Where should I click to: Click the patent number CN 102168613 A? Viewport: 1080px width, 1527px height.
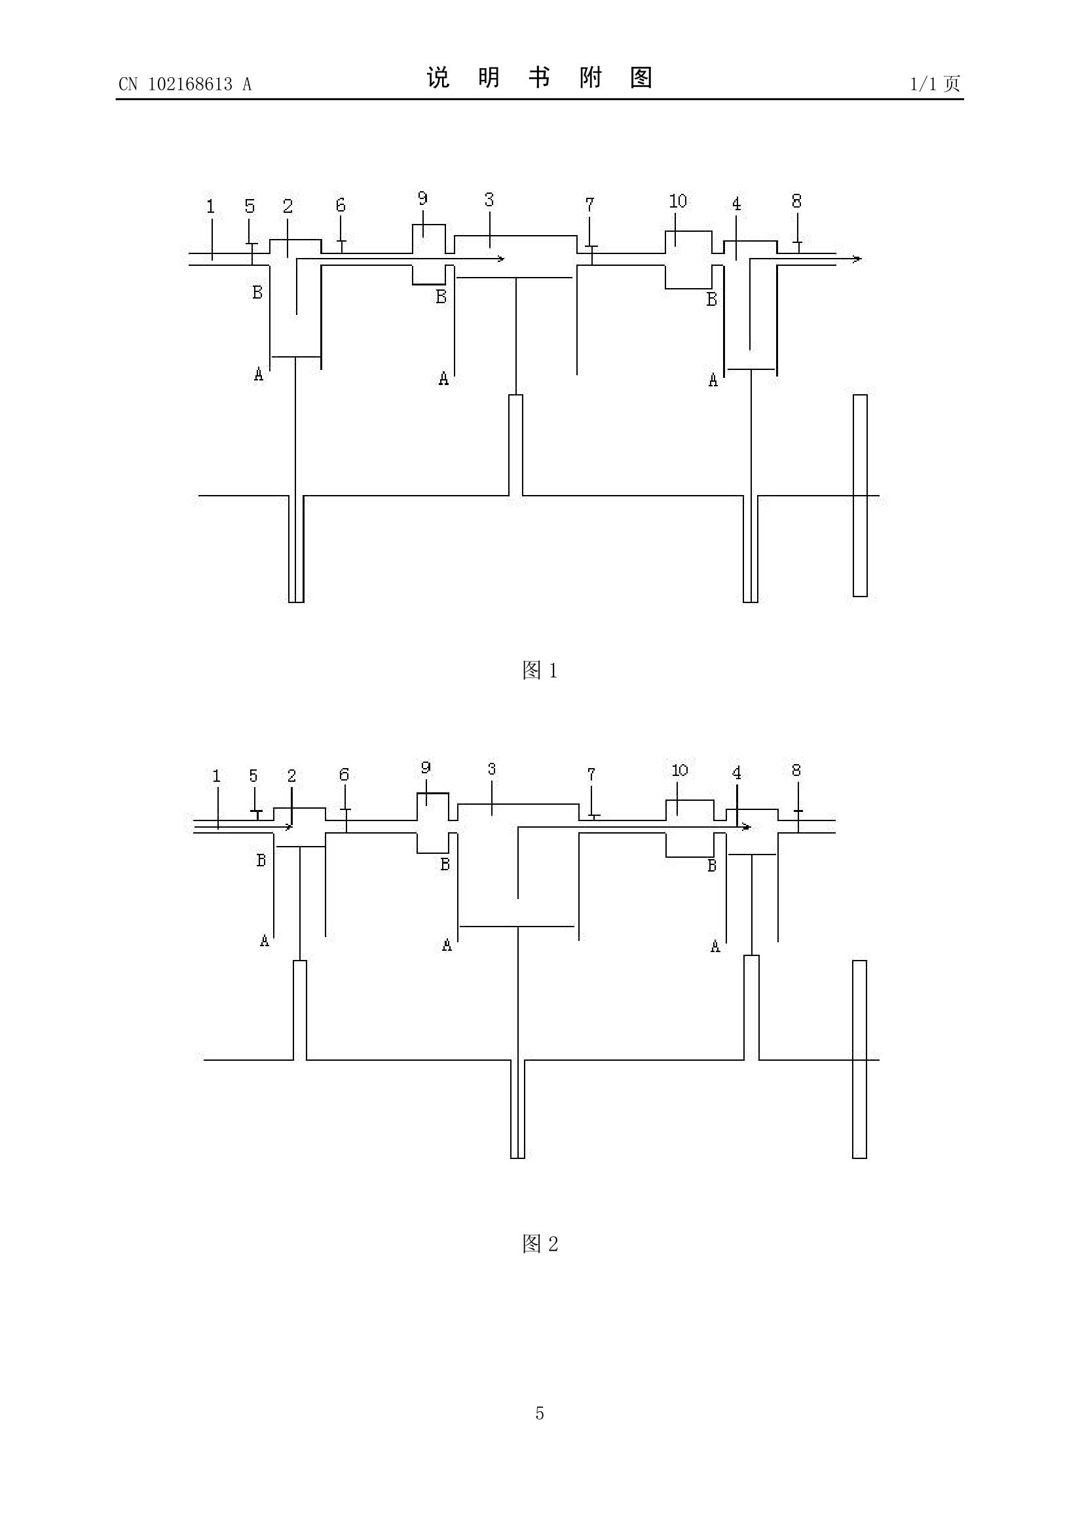[x=185, y=84]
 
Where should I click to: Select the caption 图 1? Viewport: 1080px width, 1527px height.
[x=540, y=671]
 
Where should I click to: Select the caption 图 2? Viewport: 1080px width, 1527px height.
[x=540, y=1243]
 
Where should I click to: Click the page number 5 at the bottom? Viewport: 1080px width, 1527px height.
[x=539, y=1432]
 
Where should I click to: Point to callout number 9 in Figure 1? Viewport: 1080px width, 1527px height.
[x=423, y=198]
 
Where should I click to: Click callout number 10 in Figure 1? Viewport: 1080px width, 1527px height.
[x=678, y=201]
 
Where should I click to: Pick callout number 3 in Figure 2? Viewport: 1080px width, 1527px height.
[x=491, y=769]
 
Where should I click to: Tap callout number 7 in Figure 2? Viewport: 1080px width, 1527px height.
[x=591, y=775]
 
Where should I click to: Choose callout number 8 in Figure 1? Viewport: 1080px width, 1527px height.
[x=796, y=200]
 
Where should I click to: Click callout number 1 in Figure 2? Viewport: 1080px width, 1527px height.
[x=216, y=775]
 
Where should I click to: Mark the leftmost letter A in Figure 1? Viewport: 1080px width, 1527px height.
[x=259, y=375]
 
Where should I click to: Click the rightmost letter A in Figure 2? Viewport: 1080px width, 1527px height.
[x=716, y=946]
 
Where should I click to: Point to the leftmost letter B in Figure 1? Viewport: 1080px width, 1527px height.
[x=257, y=292]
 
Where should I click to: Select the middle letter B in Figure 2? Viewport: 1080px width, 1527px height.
[x=445, y=864]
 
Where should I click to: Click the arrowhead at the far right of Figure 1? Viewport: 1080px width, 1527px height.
[x=858, y=259]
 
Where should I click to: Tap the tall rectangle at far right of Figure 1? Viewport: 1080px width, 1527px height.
[x=860, y=496]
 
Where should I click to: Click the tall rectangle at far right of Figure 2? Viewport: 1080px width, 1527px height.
[x=860, y=1059]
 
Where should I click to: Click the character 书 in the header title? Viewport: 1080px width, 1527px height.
[x=539, y=78]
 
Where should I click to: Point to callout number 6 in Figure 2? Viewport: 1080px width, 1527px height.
[x=344, y=775]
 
